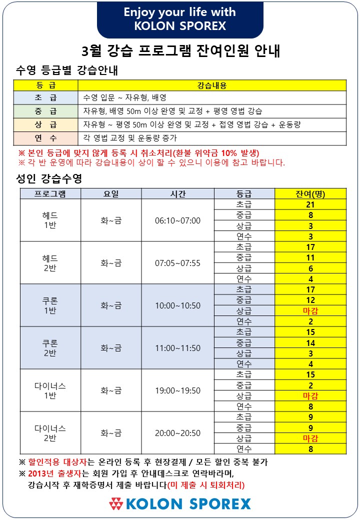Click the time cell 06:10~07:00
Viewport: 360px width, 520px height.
177,220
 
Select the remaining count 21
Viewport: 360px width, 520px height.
310,205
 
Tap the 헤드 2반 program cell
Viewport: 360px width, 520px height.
50,263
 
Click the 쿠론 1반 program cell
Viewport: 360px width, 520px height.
50,305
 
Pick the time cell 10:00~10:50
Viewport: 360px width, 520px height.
177,305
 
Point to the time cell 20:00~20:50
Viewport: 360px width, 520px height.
177,433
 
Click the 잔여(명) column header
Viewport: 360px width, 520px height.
310,194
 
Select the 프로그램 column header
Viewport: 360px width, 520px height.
50,194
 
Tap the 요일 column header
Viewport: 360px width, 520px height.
111,194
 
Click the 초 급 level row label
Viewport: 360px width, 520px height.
46,97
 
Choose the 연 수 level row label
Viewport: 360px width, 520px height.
46,138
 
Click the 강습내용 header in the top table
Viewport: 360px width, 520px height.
212,85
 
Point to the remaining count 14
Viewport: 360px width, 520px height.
310,343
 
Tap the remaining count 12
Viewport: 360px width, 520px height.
310,300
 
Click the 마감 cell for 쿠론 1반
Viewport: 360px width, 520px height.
310,311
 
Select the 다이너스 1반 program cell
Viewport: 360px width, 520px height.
50,390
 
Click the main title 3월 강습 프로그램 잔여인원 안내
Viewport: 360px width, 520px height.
180,51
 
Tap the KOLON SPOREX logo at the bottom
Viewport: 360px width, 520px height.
180,503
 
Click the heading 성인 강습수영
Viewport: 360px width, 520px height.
49,178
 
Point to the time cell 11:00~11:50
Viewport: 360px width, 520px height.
177,348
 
